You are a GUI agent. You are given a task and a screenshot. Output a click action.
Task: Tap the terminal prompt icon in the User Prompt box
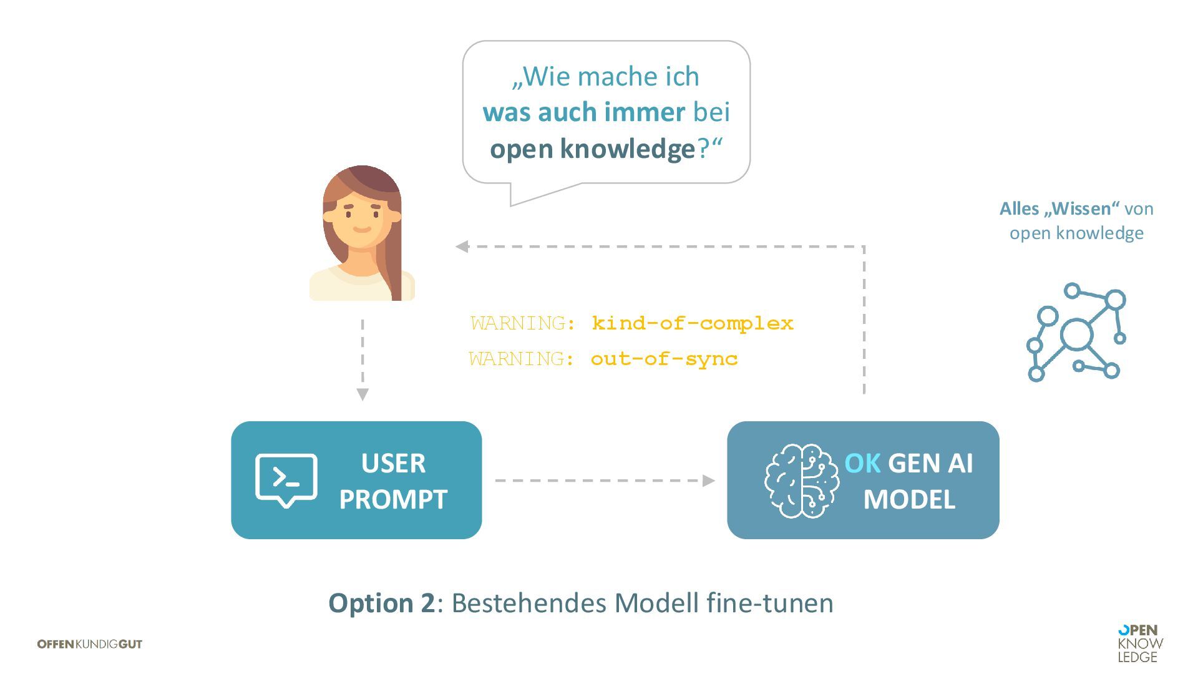(286, 479)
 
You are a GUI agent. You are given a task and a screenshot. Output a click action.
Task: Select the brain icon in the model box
(802, 481)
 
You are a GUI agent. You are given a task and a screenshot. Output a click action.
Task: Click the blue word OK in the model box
(862, 463)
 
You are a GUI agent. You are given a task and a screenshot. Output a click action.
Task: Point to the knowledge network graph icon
(1076, 332)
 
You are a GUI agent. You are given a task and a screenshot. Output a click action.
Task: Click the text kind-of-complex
(693, 323)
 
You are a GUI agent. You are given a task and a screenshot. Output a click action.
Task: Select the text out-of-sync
(664, 359)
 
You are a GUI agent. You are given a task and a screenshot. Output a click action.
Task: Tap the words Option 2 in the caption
(381, 603)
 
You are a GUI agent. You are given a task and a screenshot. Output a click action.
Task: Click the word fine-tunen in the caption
(769, 603)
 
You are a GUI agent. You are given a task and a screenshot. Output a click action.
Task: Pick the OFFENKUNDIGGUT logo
(90, 644)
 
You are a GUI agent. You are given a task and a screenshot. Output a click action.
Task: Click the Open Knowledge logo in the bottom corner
(1140, 643)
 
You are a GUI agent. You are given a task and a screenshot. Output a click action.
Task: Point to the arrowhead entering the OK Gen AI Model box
(708, 481)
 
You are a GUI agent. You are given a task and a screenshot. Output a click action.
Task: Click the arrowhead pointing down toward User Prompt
(363, 394)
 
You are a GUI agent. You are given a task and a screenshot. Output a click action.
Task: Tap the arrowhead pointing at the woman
(462, 247)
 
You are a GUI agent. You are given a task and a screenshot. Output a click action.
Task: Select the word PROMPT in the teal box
(393, 499)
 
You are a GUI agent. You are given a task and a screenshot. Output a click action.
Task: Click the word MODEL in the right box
(909, 499)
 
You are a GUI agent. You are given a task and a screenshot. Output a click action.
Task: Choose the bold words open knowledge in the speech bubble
(592, 149)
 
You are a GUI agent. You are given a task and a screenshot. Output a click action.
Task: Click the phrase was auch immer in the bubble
(584, 112)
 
